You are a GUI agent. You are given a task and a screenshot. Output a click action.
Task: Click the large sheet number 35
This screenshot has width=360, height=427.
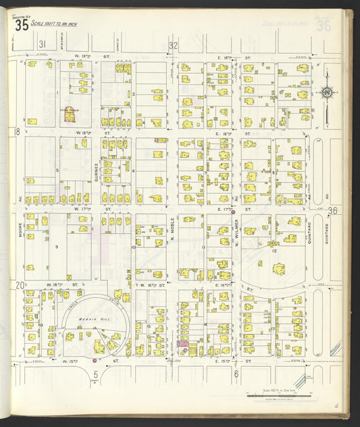tap(22, 26)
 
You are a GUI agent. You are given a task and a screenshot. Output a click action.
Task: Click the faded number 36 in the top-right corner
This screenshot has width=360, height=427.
tap(324, 26)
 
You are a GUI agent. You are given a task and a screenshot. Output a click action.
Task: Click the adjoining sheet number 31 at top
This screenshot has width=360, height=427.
tap(42, 45)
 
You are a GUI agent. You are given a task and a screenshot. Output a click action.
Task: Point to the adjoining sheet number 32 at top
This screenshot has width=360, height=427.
tap(173, 45)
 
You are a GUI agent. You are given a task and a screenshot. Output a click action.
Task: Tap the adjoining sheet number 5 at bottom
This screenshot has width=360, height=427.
tap(96, 374)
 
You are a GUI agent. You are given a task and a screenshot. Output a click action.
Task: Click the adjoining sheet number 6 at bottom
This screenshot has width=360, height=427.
tap(236, 374)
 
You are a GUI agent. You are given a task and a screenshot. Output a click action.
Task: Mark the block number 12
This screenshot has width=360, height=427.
tap(274, 251)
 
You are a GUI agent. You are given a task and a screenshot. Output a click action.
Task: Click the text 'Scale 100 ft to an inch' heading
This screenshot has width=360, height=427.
tap(59, 24)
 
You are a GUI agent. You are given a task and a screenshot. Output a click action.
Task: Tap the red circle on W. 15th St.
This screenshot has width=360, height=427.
tap(93, 361)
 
